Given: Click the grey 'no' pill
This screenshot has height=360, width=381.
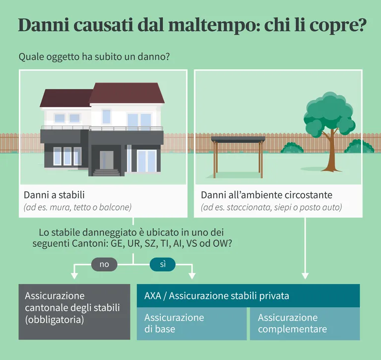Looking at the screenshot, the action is tap(104, 264).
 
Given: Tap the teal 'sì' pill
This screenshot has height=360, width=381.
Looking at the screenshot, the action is tap(163, 264).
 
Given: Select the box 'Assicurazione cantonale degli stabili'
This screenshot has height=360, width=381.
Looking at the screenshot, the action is tap(74, 312).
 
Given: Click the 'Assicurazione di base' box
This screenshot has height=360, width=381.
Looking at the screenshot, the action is tap(191, 324).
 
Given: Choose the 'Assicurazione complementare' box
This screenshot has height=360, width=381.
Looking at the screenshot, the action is tap(305, 324).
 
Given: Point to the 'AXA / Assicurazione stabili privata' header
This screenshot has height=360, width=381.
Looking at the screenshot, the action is tap(249, 295).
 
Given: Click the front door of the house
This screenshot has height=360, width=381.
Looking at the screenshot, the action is tap(107, 160).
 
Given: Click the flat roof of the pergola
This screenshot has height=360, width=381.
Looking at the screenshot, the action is tap(238, 140).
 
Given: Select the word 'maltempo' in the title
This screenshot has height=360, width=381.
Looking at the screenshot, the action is tap(210, 25).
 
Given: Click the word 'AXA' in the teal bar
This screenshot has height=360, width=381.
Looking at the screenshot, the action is tap(153, 296).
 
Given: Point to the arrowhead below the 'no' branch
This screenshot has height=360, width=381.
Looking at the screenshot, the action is tap(74, 276).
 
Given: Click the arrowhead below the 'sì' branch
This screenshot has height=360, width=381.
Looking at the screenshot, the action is tap(192, 276).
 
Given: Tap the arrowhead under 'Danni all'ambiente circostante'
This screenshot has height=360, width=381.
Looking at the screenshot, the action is tap(305, 276).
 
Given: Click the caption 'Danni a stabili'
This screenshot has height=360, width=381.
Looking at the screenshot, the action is tap(54, 195).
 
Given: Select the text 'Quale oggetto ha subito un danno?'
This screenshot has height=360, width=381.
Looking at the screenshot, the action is tap(94, 57).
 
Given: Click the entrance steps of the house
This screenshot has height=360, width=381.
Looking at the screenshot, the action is tap(107, 172).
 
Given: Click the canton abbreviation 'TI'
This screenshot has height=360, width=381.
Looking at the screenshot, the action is tap(165, 243).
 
